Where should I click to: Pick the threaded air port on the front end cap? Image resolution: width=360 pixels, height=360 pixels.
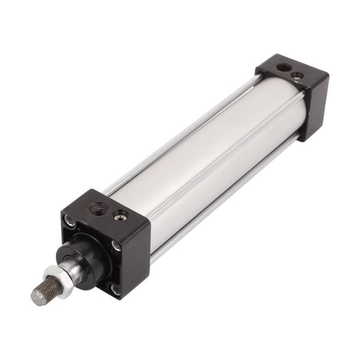(97, 209)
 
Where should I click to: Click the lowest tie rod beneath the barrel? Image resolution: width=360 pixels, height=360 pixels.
(228, 198)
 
